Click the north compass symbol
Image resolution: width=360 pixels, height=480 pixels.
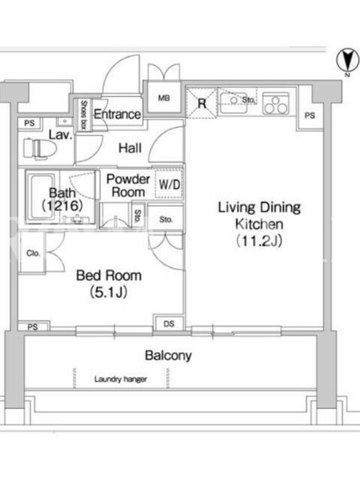(347, 61)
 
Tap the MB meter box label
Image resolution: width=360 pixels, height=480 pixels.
(164, 98)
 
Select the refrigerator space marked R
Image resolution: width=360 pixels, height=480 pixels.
(202, 103)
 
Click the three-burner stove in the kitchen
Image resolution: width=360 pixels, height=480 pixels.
(276, 103)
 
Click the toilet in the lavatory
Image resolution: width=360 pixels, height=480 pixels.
(40, 148)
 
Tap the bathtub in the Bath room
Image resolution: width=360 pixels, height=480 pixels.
(42, 196)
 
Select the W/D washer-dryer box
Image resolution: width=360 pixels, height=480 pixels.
(169, 184)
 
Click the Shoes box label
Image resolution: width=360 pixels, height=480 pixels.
(83, 115)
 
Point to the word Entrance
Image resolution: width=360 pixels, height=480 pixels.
(117, 114)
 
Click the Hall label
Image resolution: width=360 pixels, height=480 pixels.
(130, 148)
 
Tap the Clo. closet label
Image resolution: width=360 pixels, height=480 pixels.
(33, 253)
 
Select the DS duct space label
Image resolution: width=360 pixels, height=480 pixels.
(169, 323)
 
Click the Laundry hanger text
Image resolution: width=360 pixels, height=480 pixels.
(121, 379)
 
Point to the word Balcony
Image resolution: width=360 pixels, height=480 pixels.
(169, 355)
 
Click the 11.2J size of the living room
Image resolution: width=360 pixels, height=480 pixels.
(259, 241)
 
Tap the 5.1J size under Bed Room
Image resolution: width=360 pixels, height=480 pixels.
(109, 292)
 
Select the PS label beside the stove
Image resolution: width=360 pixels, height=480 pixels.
(310, 115)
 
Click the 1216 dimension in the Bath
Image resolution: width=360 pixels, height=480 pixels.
(62, 205)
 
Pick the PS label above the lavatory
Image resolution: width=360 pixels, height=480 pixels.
(29, 124)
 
